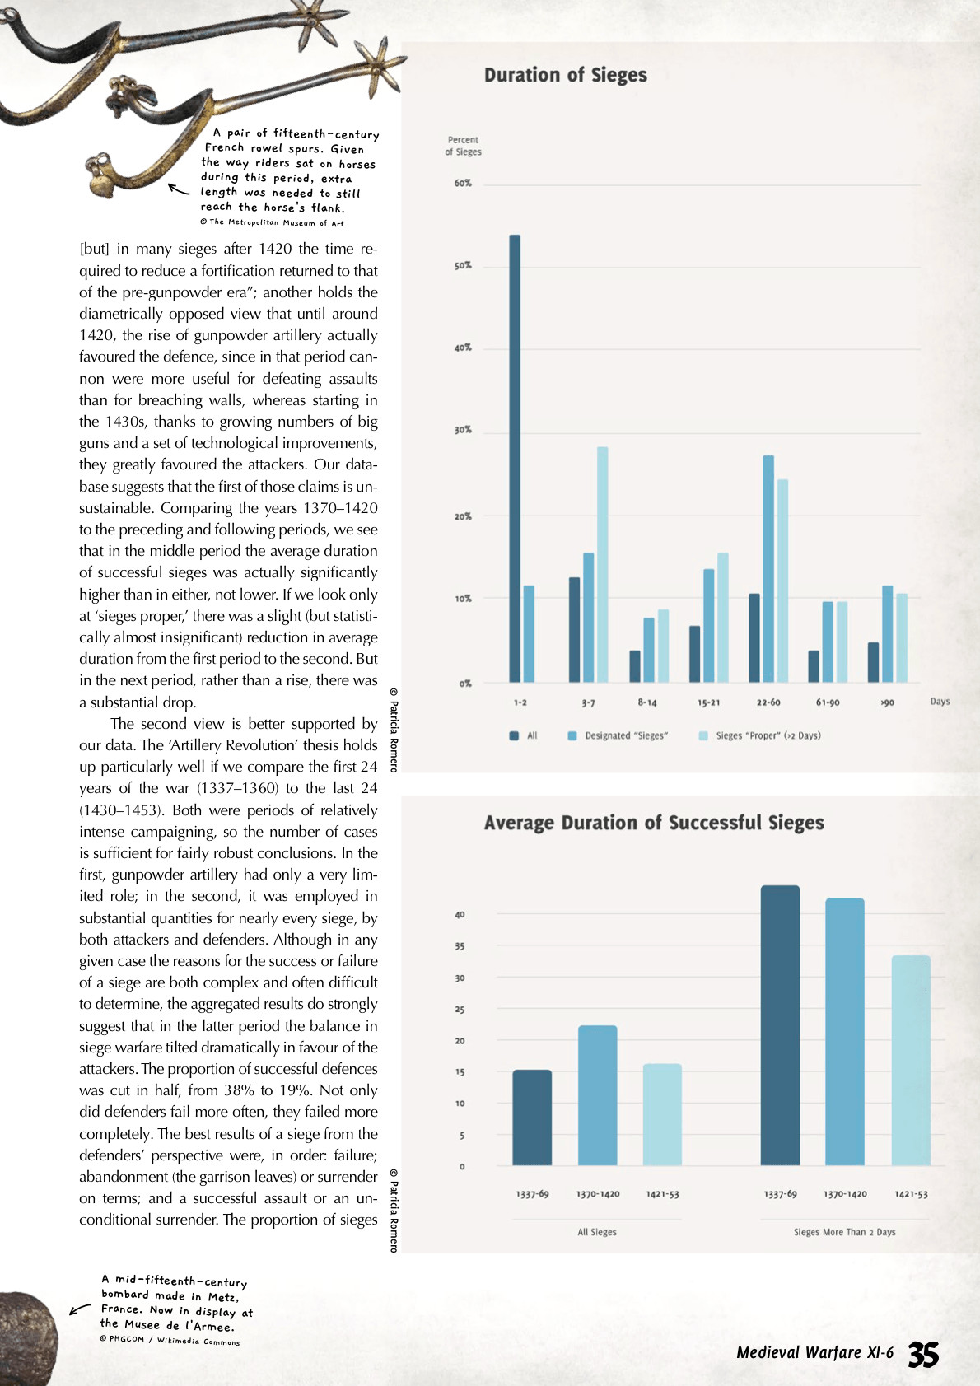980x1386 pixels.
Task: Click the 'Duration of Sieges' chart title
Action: click(x=565, y=75)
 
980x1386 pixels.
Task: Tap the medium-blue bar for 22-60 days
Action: click(x=768, y=568)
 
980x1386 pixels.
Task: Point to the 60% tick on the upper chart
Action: click(x=463, y=183)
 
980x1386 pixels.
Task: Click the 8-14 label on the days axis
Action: click(x=647, y=702)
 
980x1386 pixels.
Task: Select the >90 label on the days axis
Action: click(x=887, y=702)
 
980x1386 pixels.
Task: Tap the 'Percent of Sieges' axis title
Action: click(x=463, y=146)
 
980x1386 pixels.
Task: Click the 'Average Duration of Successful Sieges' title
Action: click(x=654, y=823)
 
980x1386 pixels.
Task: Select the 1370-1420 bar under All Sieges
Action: click(x=597, y=1095)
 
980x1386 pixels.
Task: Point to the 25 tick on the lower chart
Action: click(x=460, y=1010)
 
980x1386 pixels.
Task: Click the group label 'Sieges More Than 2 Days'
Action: click(x=844, y=1232)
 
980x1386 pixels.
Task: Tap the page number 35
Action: click(x=923, y=1354)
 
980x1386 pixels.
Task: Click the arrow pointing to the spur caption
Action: click(x=178, y=189)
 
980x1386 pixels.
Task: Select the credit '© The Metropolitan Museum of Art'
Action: click(x=272, y=222)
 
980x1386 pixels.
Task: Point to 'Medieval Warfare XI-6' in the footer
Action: click(x=814, y=1352)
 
